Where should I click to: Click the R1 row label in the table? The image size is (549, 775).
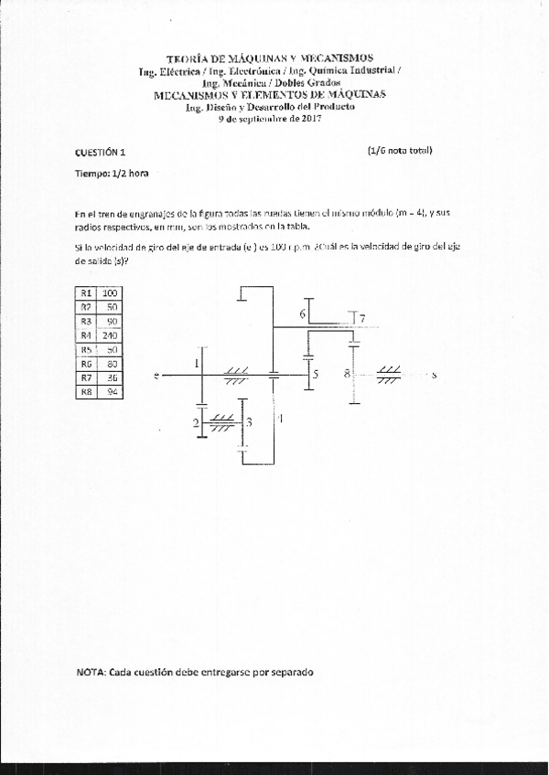click(x=87, y=292)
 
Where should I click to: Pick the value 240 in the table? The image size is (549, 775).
click(x=113, y=334)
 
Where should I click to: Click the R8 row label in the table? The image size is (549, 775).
click(x=87, y=391)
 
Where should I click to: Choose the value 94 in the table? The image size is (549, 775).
click(x=113, y=391)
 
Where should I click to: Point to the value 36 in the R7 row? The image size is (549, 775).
click(x=113, y=377)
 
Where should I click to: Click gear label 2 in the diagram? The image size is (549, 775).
click(x=196, y=422)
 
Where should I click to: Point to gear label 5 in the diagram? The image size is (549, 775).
click(x=315, y=375)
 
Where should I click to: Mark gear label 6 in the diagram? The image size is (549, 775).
click(x=302, y=314)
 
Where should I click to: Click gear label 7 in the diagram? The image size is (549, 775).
click(x=362, y=318)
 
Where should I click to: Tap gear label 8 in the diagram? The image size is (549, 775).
click(x=347, y=373)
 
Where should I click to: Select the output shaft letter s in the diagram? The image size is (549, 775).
click(x=434, y=375)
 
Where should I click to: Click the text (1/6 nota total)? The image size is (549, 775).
click(x=400, y=151)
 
